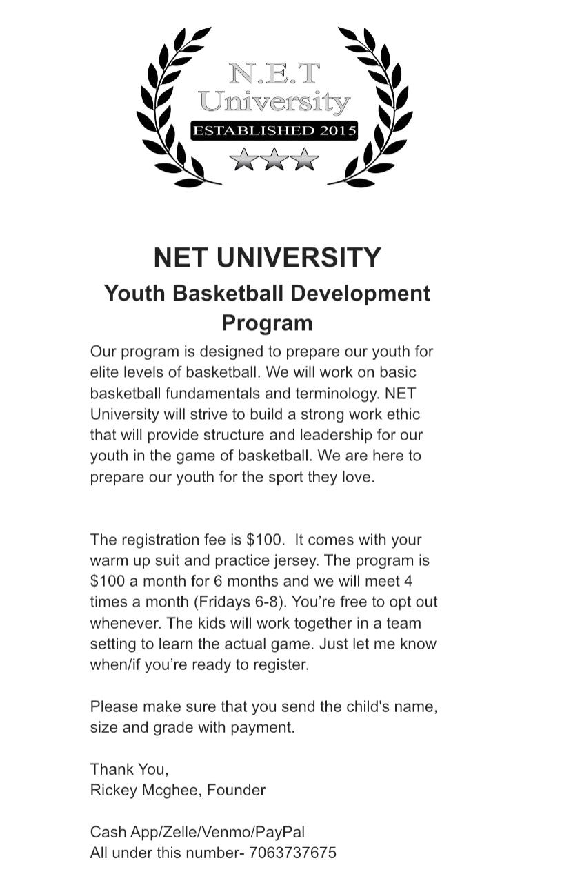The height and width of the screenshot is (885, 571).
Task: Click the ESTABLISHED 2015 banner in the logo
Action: (274, 130)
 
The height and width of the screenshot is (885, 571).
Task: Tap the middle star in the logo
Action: (274, 159)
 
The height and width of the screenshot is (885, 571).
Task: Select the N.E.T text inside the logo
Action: (274, 73)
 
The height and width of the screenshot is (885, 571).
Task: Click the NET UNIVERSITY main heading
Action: (267, 257)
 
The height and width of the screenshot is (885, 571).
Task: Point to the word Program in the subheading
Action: (267, 323)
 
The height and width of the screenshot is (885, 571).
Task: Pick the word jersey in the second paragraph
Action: (309, 560)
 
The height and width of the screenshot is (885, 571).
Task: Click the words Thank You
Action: (129, 769)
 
